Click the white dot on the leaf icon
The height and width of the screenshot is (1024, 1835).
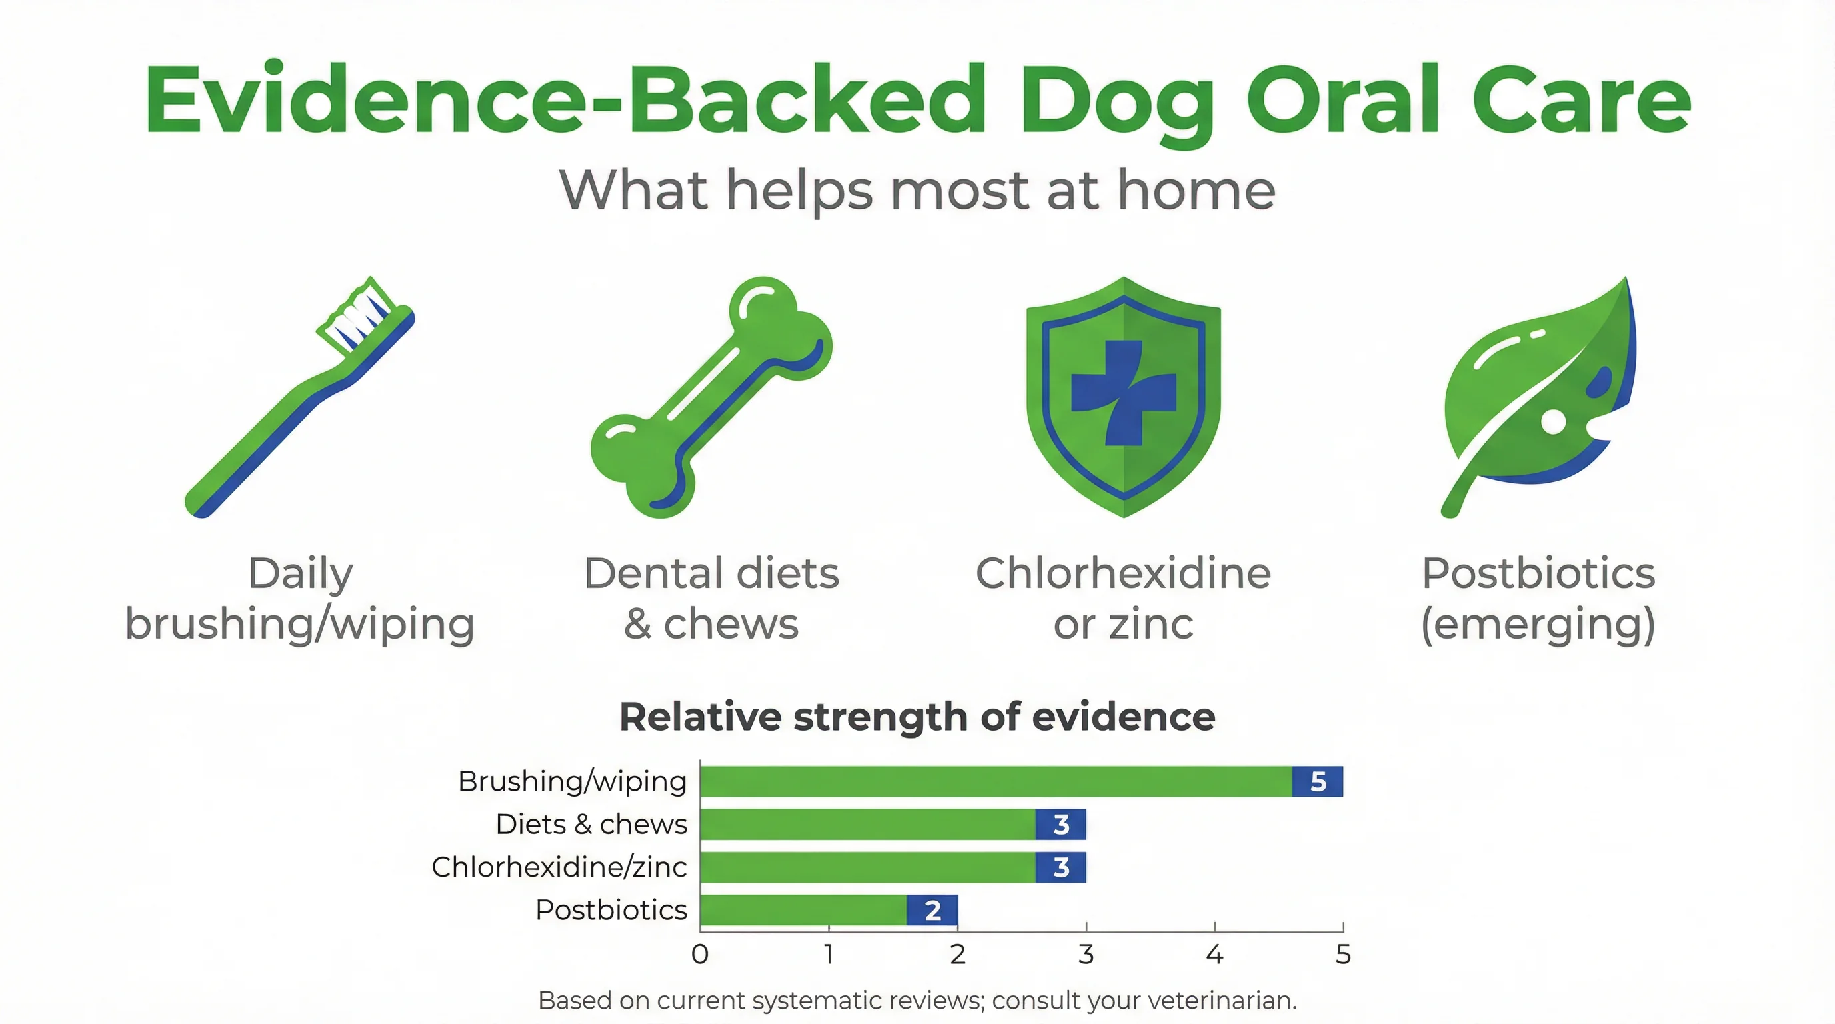point(1553,421)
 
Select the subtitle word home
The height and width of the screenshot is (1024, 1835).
point(1196,191)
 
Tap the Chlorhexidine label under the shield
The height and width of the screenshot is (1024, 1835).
point(1123,573)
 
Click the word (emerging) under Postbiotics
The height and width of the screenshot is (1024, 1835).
point(1537,624)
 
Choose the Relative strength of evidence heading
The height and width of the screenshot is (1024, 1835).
point(917,717)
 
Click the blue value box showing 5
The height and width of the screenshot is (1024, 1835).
point(1317,781)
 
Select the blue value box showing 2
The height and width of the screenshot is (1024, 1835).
point(932,910)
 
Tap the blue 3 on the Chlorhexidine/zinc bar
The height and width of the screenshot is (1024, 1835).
point(1060,867)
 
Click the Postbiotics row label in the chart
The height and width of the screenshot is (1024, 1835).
point(611,910)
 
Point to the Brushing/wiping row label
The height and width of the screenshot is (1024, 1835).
point(572,781)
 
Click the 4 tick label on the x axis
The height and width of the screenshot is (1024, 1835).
point(1214,954)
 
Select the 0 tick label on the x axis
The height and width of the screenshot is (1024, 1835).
point(699,954)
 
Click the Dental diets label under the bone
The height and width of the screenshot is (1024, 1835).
point(711,573)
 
